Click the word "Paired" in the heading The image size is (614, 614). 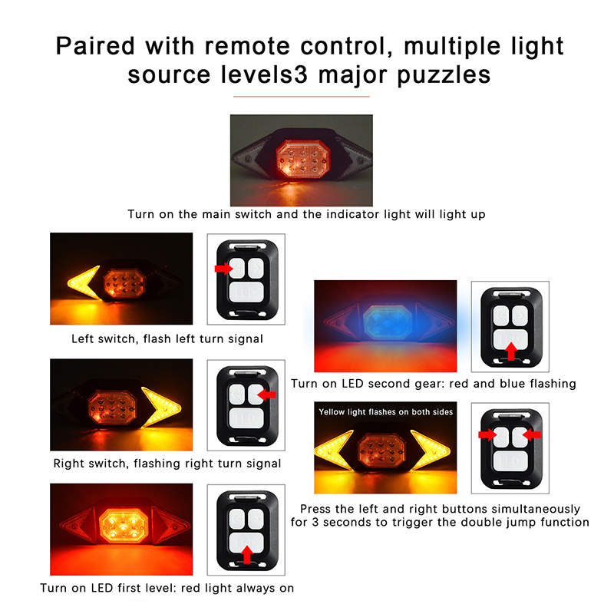click(x=95, y=46)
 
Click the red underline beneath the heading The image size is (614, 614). click(x=301, y=96)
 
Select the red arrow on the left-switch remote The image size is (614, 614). click(x=223, y=268)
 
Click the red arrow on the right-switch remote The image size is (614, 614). click(x=266, y=394)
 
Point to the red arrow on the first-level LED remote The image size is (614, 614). click(x=246, y=555)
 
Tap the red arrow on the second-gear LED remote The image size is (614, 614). click(x=511, y=352)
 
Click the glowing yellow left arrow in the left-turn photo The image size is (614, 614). click(x=84, y=282)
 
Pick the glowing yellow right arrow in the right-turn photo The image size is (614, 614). click(x=161, y=407)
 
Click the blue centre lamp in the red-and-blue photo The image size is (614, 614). click(x=388, y=322)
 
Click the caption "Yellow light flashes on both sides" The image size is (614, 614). click(x=386, y=412)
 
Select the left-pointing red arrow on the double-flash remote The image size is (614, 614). click(x=532, y=434)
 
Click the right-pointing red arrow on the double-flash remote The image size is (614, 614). click(x=487, y=434)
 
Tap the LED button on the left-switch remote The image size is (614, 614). click(x=246, y=292)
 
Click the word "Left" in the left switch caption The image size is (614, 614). click(x=82, y=338)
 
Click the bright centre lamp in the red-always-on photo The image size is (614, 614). click(x=124, y=526)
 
